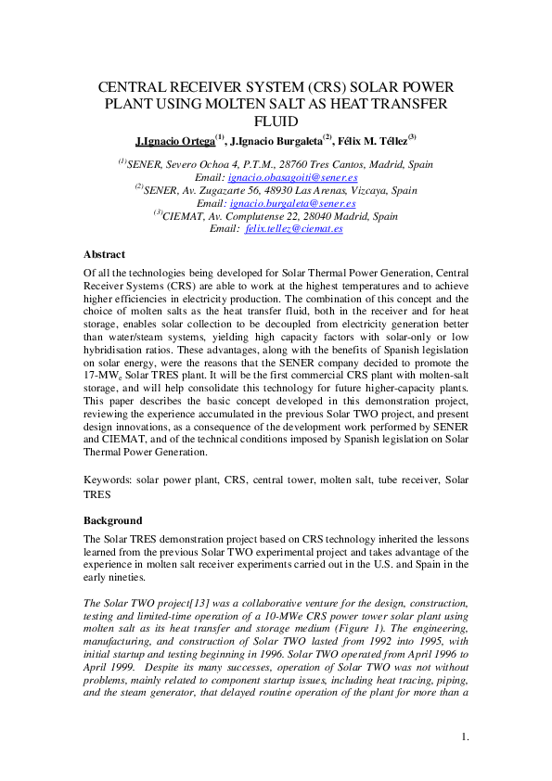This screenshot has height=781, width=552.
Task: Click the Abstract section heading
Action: tap(104, 254)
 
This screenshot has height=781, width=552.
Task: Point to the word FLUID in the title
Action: tap(276, 121)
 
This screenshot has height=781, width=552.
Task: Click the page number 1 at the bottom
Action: tap(465, 737)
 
